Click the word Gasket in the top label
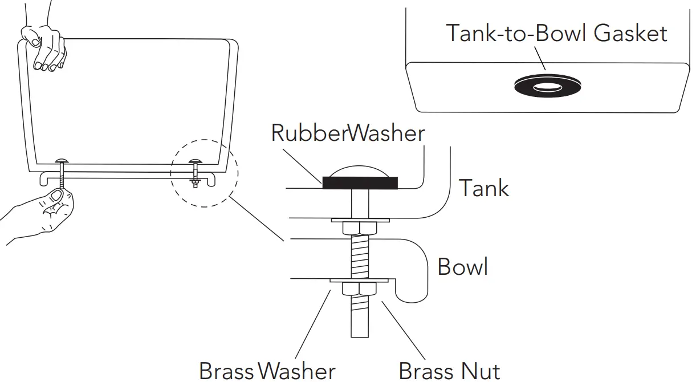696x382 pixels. (630, 33)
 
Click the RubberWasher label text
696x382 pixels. (348, 133)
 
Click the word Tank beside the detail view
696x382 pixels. (484, 188)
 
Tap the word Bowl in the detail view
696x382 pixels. (462, 266)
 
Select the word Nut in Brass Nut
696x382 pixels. (482, 371)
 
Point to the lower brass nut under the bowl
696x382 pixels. (359, 290)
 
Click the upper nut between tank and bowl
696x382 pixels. (359, 229)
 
